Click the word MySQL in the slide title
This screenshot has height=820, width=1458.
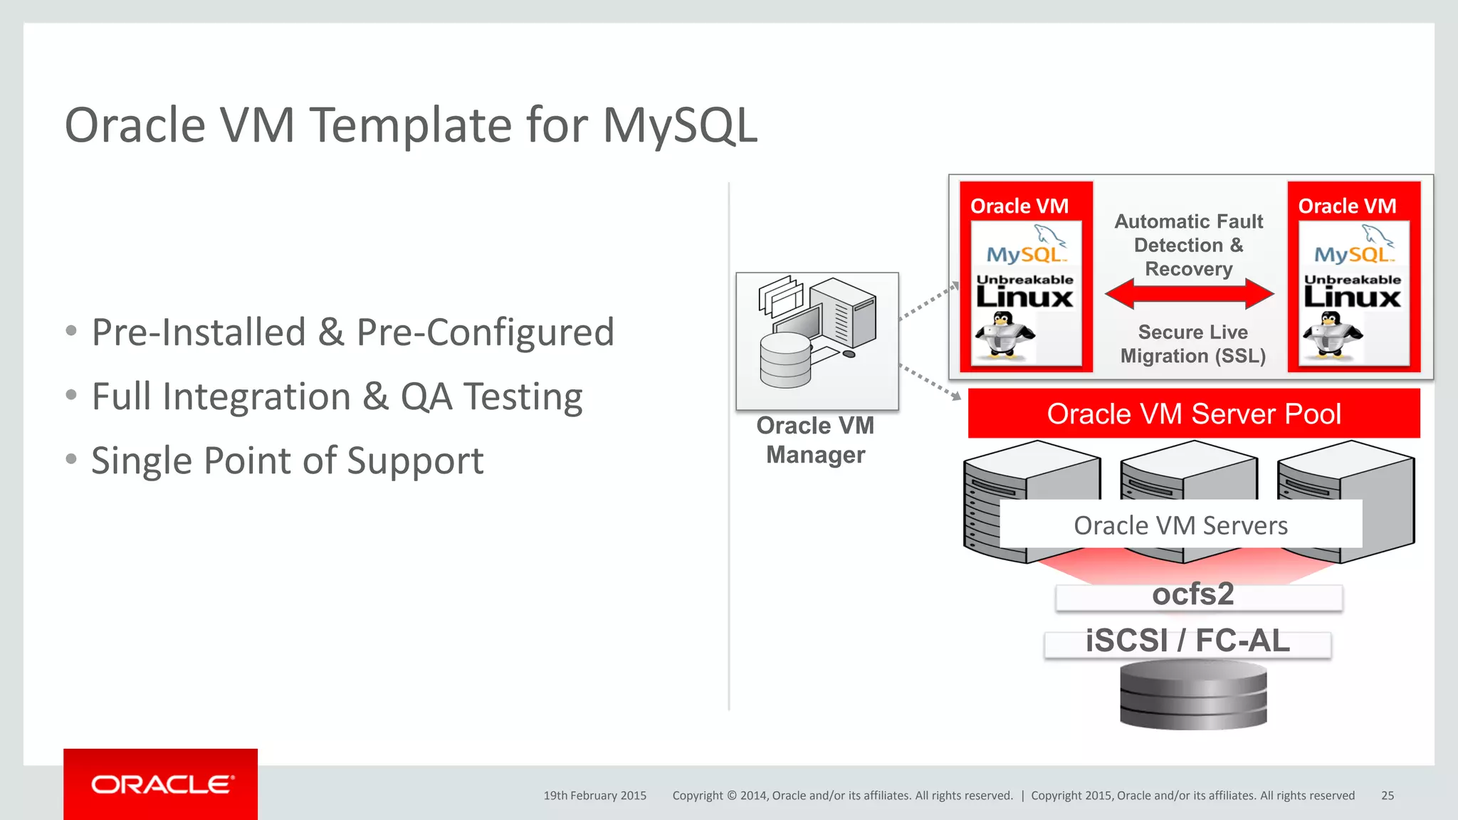(680, 126)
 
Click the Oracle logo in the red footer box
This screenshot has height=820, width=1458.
(161, 784)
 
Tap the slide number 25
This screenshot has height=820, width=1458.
(1387, 796)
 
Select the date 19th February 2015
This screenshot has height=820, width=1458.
(594, 796)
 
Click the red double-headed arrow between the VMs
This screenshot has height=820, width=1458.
(1189, 293)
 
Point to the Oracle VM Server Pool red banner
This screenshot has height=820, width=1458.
(1194, 414)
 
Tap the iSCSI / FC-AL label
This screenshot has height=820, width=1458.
(1187, 641)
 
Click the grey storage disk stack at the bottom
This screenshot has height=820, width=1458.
(1193, 694)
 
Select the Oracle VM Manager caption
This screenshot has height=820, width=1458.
(816, 440)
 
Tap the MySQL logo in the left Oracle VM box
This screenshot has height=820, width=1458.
(1025, 246)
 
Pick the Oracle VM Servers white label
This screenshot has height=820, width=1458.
(1180, 525)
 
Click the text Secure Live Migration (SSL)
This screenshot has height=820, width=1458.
(1193, 344)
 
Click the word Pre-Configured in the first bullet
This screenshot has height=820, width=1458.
(485, 332)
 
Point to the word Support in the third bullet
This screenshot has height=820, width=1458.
(415, 461)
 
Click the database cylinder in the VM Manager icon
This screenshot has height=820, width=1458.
(785, 360)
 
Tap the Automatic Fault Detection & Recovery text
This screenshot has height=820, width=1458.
(1189, 245)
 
